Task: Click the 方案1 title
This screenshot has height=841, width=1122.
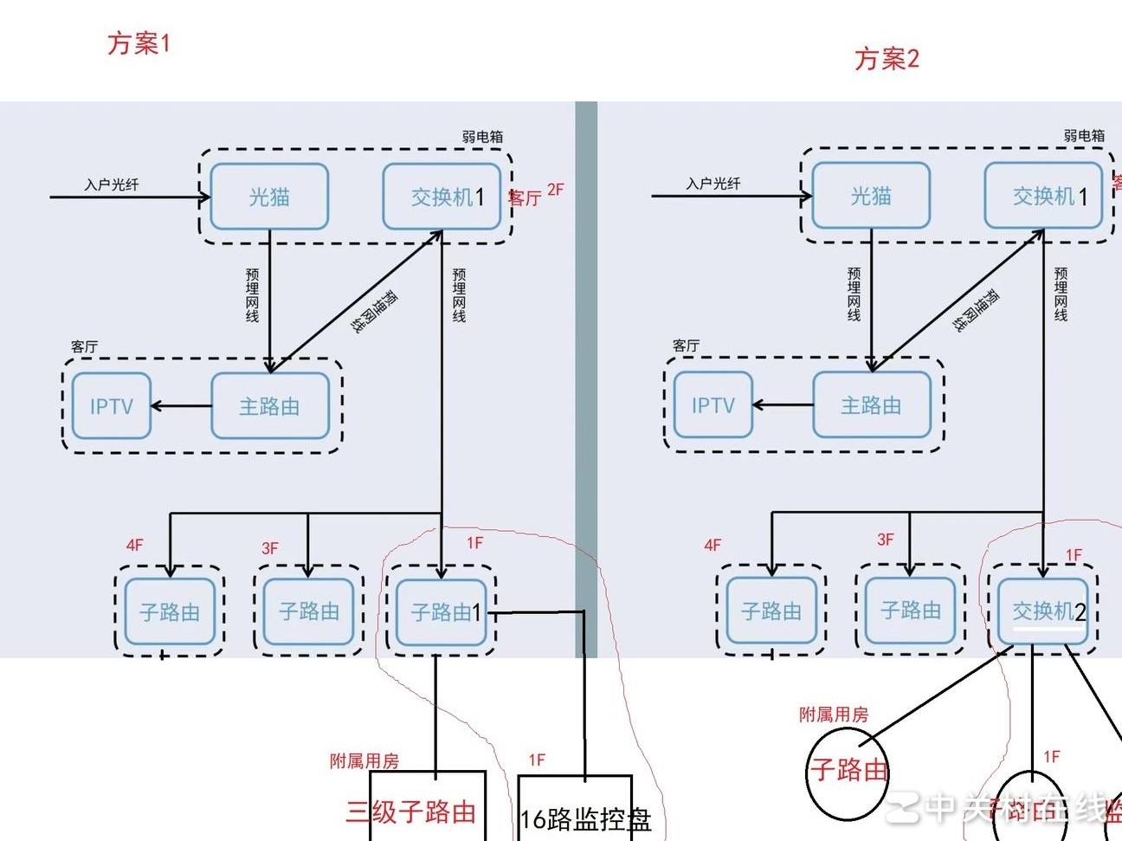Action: point(139,42)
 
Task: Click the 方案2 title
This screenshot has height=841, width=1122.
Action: point(887,59)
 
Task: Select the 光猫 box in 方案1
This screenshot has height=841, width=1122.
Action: point(269,197)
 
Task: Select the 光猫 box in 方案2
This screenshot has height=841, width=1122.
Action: point(871,196)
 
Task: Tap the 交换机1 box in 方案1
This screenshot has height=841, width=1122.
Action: point(442,197)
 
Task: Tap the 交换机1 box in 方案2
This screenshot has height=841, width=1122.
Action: point(1044,196)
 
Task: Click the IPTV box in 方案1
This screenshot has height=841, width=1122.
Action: point(111,405)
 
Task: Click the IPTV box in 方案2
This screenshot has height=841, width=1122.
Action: point(713,404)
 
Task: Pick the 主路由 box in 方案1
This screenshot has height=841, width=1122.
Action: point(270,405)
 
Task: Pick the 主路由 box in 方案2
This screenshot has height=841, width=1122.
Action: point(872,404)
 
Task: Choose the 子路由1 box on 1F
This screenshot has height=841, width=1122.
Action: point(442,611)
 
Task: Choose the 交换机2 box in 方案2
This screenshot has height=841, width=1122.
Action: point(1043,611)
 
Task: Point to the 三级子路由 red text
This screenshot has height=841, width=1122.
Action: point(411,812)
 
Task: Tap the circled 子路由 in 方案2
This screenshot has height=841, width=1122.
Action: point(848,770)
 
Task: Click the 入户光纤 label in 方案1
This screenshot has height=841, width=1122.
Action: point(111,184)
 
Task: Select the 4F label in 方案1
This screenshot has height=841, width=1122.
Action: point(135,545)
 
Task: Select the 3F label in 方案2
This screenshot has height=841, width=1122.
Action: point(885,539)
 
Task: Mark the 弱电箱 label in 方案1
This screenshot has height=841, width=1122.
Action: point(481,136)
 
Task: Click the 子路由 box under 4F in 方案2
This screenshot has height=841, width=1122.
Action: point(771,611)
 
